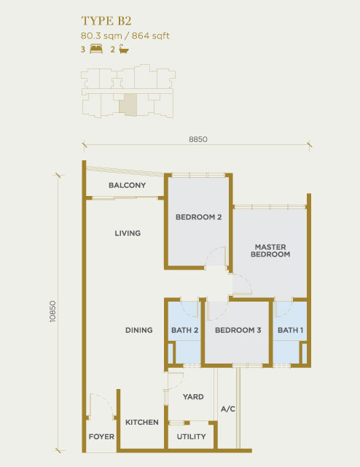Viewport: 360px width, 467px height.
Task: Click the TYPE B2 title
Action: pyautogui.click(x=106, y=21)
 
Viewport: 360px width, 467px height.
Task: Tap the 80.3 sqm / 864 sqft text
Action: pyautogui.click(x=125, y=36)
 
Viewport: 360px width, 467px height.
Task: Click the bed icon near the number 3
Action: pyautogui.click(x=96, y=49)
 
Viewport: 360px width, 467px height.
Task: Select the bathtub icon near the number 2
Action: pyautogui.click(x=124, y=49)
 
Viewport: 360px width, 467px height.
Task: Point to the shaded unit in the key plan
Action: pyautogui.click(x=128, y=104)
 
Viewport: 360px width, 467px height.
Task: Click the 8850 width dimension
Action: pyautogui.click(x=198, y=139)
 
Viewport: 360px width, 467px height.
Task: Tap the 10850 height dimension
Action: pyautogui.click(x=52, y=311)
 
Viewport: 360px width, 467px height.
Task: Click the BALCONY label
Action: pyautogui.click(x=128, y=185)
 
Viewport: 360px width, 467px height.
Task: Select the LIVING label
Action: pyautogui.click(x=128, y=233)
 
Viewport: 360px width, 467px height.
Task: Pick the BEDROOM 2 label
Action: pyautogui.click(x=198, y=217)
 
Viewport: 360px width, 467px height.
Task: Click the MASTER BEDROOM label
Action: pyautogui.click(x=270, y=251)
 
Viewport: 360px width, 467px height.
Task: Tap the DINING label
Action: pyautogui.click(x=139, y=330)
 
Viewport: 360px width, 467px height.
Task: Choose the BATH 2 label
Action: pyautogui.click(x=185, y=330)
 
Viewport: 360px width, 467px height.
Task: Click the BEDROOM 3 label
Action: pyautogui.click(x=238, y=330)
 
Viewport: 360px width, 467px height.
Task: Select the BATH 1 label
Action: pyautogui.click(x=290, y=330)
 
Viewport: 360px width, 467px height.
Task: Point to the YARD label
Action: pyautogui.click(x=193, y=397)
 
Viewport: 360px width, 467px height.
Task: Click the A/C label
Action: pyautogui.click(x=228, y=409)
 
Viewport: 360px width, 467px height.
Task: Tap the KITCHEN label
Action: pyautogui.click(x=142, y=422)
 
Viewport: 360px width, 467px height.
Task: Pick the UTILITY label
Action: pyautogui.click(x=192, y=436)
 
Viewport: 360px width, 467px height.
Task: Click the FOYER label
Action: pyautogui.click(x=101, y=436)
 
